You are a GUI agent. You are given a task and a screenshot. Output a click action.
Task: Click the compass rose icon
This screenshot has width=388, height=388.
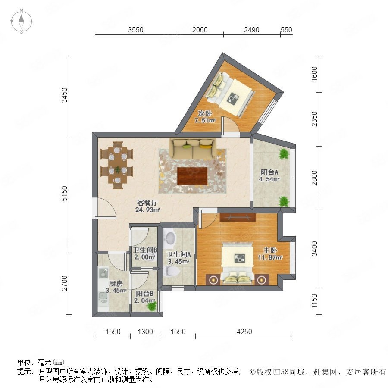pos(22,22)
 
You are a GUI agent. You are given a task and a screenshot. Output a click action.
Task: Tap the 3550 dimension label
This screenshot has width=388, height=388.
pos(136,30)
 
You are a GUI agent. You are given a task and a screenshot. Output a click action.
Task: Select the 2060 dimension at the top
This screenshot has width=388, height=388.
pos(200,30)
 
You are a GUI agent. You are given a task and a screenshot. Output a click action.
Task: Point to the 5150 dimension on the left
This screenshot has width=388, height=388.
pos(64,194)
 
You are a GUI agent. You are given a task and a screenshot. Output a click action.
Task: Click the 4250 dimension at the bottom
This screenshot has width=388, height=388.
pos(244,332)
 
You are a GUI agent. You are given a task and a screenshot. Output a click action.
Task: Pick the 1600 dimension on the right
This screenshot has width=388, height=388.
pos(314,73)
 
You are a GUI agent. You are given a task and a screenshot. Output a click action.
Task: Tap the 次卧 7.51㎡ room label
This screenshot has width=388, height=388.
pos(205,117)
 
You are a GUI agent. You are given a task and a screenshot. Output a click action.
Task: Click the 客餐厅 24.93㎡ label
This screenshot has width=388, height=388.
pos(147,207)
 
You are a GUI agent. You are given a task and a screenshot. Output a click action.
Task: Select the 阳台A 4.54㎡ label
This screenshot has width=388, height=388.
pos(269,175)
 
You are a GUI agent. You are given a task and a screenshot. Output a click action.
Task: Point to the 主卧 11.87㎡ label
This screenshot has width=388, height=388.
pos(270,254)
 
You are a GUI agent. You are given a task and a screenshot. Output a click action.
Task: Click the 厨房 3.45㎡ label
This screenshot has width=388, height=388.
pos(116,287)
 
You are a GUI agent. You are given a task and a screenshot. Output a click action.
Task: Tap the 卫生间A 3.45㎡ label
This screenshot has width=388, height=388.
pos(178,258)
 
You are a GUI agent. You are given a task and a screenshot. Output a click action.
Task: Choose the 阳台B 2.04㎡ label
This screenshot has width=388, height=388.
pos(144,297)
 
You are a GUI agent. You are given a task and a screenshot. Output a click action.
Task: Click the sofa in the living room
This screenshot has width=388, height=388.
pos(193,148)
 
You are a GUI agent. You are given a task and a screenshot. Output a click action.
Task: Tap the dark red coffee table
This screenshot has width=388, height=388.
pos(192,176)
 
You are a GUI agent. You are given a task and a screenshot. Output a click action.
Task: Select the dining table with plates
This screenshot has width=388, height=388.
pos(117,165)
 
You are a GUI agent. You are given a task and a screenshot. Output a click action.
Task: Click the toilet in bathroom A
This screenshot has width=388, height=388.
pos(172,271)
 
